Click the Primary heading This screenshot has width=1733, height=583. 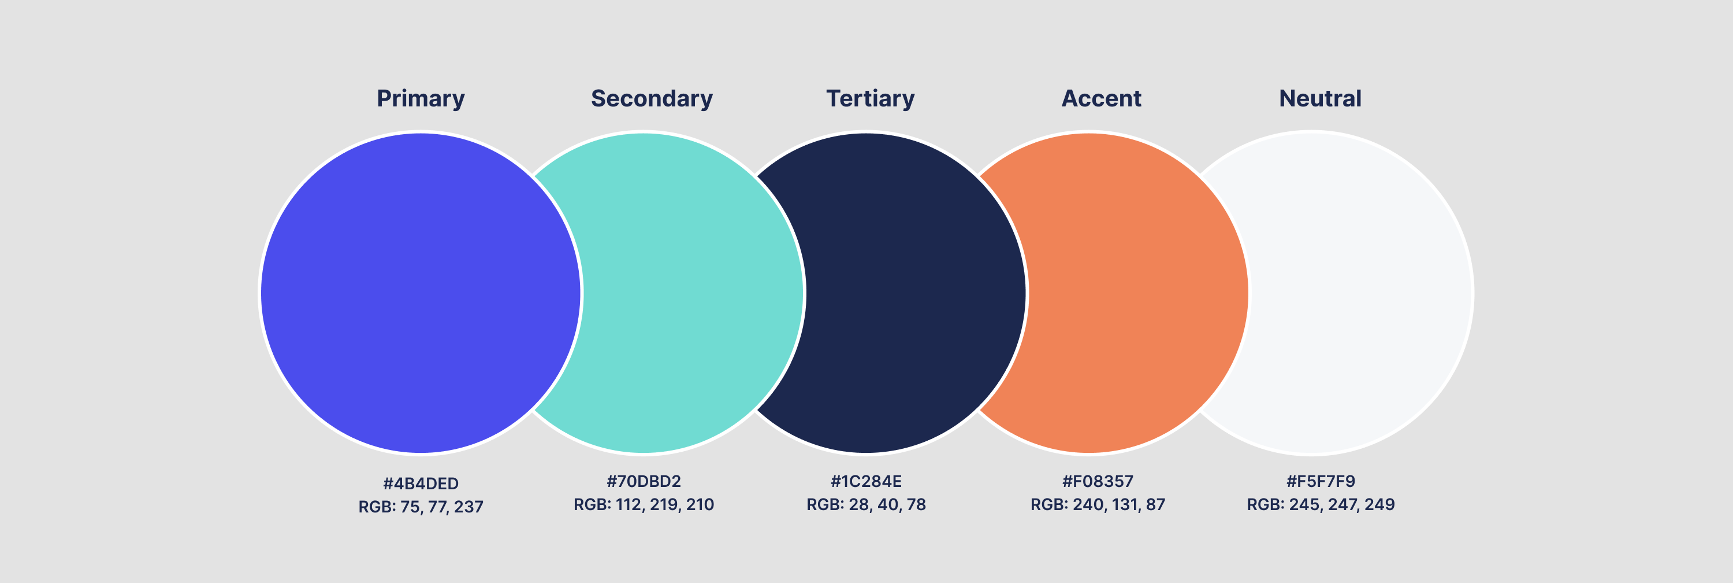click(421, 99)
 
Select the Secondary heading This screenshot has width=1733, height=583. click(652, 99)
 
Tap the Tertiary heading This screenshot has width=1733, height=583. click(870, 99)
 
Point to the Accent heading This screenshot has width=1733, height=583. click(1101, 99)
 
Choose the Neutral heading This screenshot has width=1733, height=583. click(1320, 99)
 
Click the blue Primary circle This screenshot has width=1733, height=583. click(421, 293)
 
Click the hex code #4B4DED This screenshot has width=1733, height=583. click(421, 484)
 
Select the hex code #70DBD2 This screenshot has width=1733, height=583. click(644, 481)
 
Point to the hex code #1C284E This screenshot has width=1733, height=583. click(866, 481)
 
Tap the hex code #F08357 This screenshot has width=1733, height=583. click(1097, 481)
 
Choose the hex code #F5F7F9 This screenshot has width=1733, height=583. click(1321, 481)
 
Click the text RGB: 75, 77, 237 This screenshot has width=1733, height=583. click(421, 507)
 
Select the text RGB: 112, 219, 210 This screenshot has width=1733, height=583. click(644, 505)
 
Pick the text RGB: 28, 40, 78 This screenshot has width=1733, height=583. click(866, 505)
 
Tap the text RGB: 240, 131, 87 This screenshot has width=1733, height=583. click(1097, 505)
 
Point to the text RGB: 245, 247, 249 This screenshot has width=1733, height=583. click(1321, 505)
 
